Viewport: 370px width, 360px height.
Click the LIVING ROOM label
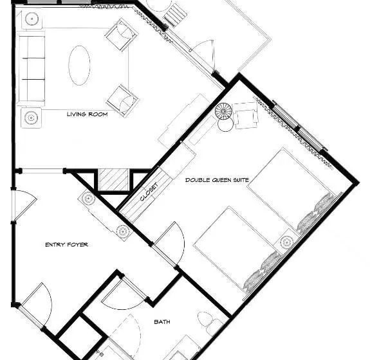point(88,114)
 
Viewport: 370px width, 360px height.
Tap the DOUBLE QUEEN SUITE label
point(217,180)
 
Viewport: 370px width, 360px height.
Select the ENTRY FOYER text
point(66,245)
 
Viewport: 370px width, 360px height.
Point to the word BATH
point(162,322)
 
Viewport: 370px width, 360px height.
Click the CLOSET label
point(149,192)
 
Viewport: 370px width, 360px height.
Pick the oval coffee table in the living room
point(79,66)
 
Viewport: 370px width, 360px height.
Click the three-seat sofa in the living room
point(31,68)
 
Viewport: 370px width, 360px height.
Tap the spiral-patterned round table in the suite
point(223,111)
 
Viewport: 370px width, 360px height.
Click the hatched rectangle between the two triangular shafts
point(114,179)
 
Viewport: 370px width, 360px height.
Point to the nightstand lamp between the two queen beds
point(286,242)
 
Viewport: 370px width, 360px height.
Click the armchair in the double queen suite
point(246,116)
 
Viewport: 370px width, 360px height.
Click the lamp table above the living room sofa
point(32,19)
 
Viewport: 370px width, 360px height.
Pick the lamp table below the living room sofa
point(32,118)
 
